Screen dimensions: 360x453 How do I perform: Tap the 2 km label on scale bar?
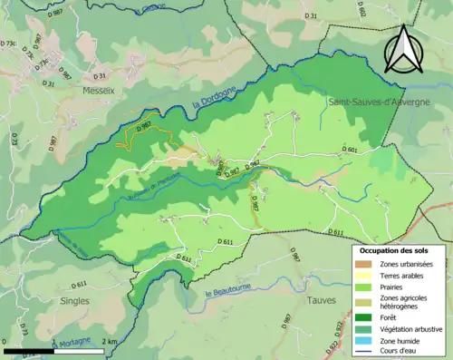[x=108, y=341]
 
